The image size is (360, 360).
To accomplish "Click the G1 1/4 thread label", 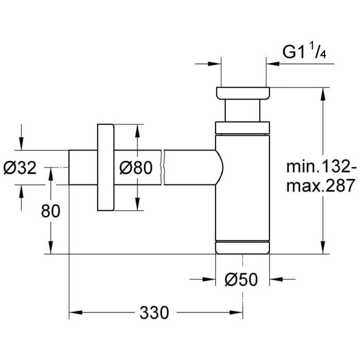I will coord(305,52).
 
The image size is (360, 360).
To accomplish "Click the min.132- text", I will coord(321,167).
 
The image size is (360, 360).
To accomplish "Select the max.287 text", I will coord(321,185).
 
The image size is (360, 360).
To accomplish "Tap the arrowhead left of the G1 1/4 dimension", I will coord(215,64).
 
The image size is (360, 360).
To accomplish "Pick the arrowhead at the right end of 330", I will coord(237,312).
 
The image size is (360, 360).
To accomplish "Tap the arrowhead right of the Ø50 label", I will coord(276,280).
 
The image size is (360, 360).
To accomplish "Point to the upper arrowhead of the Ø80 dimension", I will coord(136,130).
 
